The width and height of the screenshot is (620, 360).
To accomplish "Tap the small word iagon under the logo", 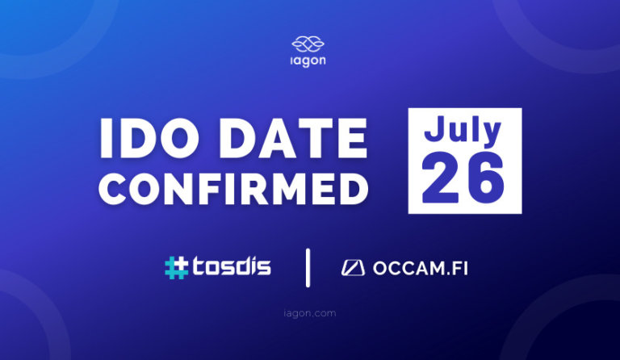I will click(x=310, y=61).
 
